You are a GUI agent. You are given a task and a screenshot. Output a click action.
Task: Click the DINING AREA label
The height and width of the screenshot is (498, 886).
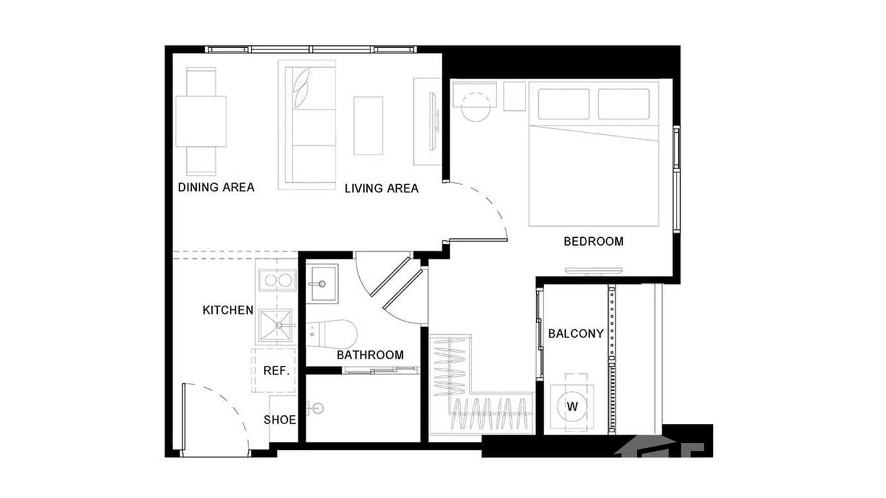216,187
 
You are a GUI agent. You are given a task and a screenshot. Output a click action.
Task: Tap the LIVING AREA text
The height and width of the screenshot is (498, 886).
382,188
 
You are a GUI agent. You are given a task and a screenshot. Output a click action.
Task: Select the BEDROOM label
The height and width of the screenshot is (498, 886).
593,241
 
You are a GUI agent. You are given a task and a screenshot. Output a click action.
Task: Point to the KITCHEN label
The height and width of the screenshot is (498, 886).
228,310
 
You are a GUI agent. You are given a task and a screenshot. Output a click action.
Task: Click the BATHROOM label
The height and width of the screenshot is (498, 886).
370,355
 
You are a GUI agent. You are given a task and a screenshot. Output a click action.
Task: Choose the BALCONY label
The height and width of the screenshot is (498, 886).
576,334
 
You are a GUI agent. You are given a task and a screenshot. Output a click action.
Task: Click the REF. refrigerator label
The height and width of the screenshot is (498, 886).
277,371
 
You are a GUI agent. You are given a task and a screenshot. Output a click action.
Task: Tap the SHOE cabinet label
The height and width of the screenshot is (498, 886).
280,419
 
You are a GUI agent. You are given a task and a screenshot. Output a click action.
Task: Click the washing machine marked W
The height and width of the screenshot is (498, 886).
572,407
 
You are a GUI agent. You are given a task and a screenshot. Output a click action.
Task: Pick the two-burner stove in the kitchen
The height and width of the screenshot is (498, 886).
277,280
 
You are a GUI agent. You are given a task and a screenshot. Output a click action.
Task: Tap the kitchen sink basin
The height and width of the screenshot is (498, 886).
277,325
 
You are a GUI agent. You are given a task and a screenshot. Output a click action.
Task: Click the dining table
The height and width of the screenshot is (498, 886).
201,122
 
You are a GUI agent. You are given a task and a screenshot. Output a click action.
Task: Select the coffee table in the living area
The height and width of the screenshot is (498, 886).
368,125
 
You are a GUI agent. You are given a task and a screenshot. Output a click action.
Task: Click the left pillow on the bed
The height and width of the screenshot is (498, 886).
563,104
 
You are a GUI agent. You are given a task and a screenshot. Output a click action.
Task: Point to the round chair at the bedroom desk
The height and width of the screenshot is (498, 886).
475,107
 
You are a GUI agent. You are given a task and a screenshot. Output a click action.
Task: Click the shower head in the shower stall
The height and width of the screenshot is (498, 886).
317,408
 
